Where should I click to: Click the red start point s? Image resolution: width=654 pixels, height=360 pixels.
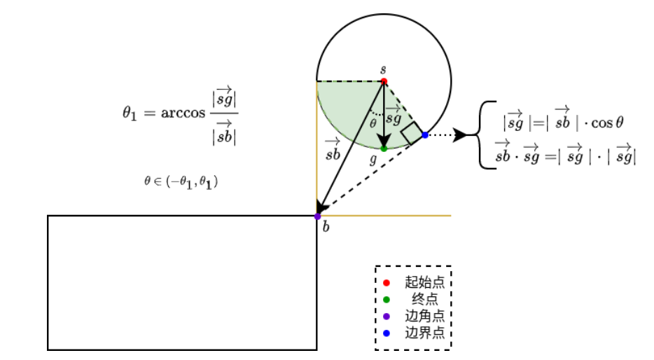(384, 81)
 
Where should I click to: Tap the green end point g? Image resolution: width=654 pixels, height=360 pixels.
(384, 148)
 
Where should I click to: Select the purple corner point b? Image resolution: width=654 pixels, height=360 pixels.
(317, 216)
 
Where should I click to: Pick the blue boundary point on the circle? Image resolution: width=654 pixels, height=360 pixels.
(425, 134)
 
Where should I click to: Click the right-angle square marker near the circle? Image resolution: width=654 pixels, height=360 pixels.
(412, 133)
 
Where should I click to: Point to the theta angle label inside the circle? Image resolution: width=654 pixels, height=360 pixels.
(373, 123)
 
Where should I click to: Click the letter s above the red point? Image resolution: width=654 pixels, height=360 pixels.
(383, 69)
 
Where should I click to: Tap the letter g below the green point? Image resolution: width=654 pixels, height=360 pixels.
(374, 160)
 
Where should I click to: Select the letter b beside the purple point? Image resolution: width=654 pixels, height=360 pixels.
(326, 226)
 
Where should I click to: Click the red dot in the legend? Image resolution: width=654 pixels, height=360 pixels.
(387, 283)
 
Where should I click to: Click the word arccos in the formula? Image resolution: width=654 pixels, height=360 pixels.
(184, 113)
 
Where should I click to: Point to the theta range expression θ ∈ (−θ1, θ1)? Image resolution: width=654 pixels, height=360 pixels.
(181, 181)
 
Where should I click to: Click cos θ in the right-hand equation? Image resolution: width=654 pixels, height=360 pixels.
(607, 123)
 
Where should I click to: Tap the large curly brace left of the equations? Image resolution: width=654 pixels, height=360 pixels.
(485, 135)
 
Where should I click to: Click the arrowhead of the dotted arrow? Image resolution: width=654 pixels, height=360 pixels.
(460, 134)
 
